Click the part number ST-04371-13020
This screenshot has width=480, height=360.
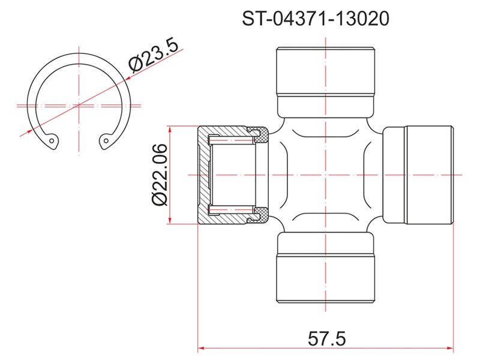316,19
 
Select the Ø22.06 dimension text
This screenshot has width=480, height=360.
159,175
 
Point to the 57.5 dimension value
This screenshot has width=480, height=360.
326,339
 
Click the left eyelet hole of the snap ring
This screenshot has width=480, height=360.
52,141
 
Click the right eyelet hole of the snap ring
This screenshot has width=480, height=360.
106,141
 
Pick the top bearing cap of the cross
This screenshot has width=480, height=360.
325,82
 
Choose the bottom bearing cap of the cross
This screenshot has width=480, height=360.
325,266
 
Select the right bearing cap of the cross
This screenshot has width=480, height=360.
418,175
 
